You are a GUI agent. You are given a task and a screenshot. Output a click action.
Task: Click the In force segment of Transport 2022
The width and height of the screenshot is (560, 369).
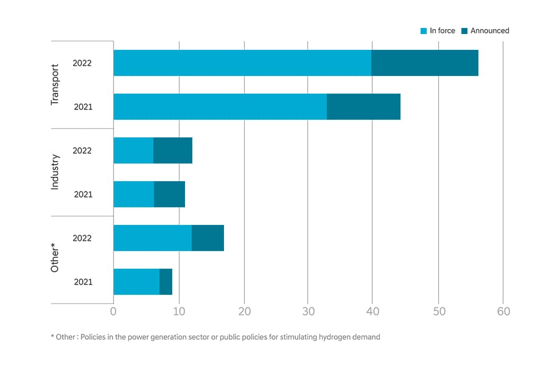click(x=242, y=63)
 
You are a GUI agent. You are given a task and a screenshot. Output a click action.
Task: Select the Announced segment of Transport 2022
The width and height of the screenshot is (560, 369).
click(x=424, y=63)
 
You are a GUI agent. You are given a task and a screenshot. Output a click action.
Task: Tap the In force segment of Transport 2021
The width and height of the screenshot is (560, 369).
click(x=220, y=106)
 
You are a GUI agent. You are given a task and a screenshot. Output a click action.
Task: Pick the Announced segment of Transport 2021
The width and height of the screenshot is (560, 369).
click(x=363, y=106)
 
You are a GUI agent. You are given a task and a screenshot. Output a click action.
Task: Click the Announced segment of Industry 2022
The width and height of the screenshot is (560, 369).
click(x=173, y=150)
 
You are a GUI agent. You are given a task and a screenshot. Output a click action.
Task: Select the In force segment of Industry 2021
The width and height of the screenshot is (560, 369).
click(x=133, y=194)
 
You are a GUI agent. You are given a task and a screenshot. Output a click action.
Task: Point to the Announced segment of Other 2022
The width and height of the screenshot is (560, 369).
click(x=208, y=238)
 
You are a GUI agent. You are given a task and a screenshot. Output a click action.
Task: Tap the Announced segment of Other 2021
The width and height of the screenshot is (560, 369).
click(x=166, y=281)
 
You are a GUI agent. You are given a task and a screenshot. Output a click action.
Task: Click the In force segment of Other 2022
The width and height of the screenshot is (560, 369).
click(x=152, y=238)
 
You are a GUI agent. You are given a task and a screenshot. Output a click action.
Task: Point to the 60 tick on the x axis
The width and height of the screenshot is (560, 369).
click(x=503, y=312)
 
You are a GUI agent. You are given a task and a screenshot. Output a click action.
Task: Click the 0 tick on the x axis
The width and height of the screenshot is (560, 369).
click(x=113, y=312)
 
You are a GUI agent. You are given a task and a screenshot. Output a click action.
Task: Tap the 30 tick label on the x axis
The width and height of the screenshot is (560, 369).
click(x=308, y=312)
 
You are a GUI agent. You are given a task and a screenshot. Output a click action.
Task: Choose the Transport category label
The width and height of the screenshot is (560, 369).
click(x=55, y=84)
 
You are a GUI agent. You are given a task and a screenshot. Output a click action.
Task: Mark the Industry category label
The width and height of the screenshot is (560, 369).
click(x=55, y=172)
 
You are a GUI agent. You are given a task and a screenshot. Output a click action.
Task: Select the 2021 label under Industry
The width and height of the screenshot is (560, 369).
click(x=83, y=195)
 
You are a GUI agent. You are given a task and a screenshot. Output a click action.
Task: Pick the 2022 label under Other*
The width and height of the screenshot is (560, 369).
click(x=82, y=238)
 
